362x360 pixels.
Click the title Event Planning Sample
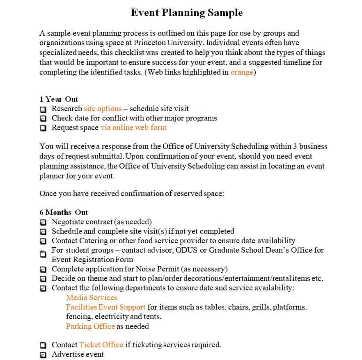click(187, 13)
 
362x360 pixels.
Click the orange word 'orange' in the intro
click(242, 72)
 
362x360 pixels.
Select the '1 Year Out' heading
click(59, 99)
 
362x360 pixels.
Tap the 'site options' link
click(103, 109)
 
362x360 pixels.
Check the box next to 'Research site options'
click(43, 109)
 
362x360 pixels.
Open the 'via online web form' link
click(133, 128)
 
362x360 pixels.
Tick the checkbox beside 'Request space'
click(43, 128)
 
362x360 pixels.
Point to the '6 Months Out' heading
click(64, 212)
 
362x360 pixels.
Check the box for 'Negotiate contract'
click(43, 222)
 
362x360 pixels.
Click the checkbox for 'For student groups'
click(43, 254)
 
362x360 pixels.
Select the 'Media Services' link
click(92, 298)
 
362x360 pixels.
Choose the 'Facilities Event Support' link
click(105, 307)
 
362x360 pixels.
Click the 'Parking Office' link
click(90, 326)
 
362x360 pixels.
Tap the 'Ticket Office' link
click(101, 345)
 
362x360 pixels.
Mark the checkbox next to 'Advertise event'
click(43, 355)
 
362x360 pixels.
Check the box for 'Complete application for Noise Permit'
click(43, 269)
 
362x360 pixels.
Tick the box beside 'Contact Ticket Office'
click(43, 345)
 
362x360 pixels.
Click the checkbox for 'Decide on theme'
click(43, 279)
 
